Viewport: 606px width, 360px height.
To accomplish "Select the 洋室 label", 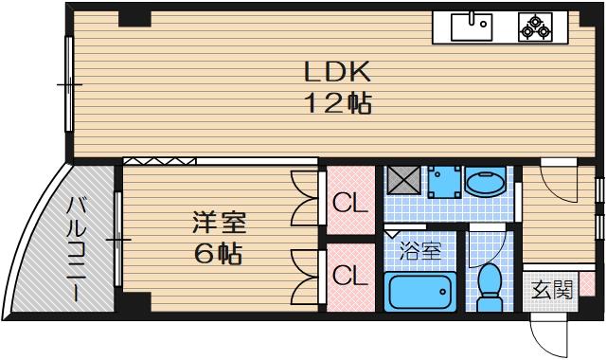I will tap(219, 224).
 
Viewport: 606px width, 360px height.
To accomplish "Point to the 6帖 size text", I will tap(219, 254).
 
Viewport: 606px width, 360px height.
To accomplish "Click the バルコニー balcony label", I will tap(75, 249).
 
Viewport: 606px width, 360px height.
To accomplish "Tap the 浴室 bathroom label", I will tap(419, 252).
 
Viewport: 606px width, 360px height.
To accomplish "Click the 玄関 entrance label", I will tap(550, 290).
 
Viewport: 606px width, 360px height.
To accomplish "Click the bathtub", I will tap(420, 293).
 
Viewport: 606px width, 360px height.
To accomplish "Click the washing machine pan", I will tap(443, 181).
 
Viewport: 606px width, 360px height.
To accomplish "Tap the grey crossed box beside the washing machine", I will tap(403, 181).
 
